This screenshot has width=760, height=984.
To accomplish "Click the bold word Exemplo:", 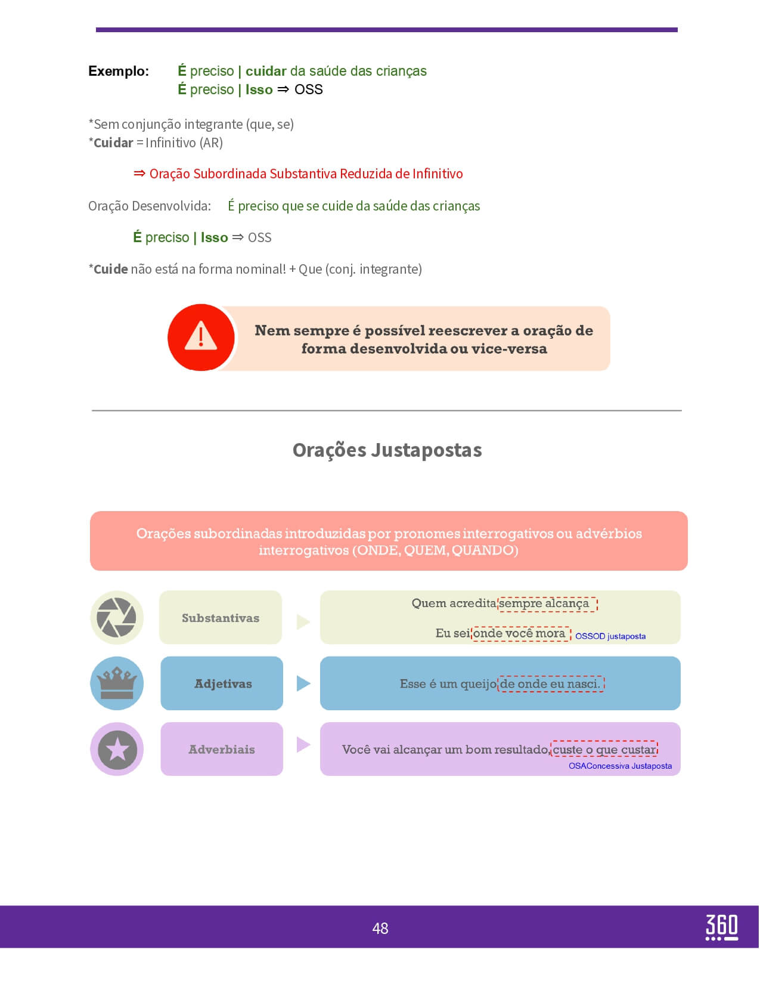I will point(119,71).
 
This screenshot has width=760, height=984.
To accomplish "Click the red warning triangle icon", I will point(201,337).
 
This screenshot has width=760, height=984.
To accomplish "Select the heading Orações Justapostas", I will point(387,450).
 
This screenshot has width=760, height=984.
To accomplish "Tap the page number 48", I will point(380,928).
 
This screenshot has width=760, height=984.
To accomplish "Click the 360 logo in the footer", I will point(721,927).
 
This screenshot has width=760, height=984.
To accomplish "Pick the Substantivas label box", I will point(221,618).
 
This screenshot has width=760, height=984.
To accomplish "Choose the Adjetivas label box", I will point(222,683).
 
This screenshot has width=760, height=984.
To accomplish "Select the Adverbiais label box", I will point(222,749).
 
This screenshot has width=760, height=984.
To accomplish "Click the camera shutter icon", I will point(117,617).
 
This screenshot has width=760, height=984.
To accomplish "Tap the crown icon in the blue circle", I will point(117,683).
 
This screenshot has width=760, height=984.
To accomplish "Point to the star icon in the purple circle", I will point(117,749).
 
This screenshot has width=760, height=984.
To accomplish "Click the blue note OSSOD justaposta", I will point(610,636).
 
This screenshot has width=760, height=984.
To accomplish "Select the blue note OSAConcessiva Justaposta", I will point(620,766).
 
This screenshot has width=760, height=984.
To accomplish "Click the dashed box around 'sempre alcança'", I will point(547,604).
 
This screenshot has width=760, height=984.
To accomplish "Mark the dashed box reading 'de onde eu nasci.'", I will point(551,684).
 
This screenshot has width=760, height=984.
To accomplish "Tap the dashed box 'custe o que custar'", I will point(604,749).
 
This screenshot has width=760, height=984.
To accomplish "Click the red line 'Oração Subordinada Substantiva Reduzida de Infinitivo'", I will point(306,174).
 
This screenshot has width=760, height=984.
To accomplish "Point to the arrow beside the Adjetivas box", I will point(303,683).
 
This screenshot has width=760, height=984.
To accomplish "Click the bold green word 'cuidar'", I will point(266,71).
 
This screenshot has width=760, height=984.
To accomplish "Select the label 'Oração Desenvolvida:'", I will point(150,206).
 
